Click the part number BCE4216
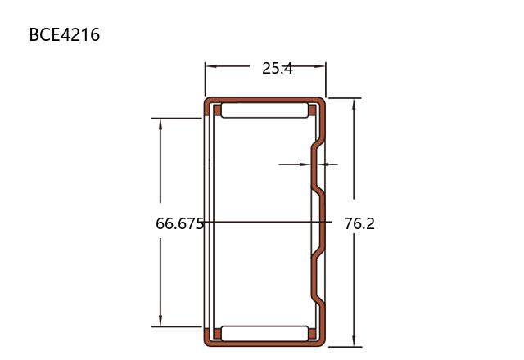(x=65, y=34)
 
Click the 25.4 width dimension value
(x=278, y=69)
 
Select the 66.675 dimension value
(x=180, y=223)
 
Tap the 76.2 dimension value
(x=359, y=223)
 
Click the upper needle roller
(x=264, y=110)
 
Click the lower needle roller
(x=264, y=334)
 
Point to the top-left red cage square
(x=217, y=110)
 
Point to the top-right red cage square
(x=312, y=110)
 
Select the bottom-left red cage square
(x=217, y=334)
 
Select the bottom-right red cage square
(x=312, y=334)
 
